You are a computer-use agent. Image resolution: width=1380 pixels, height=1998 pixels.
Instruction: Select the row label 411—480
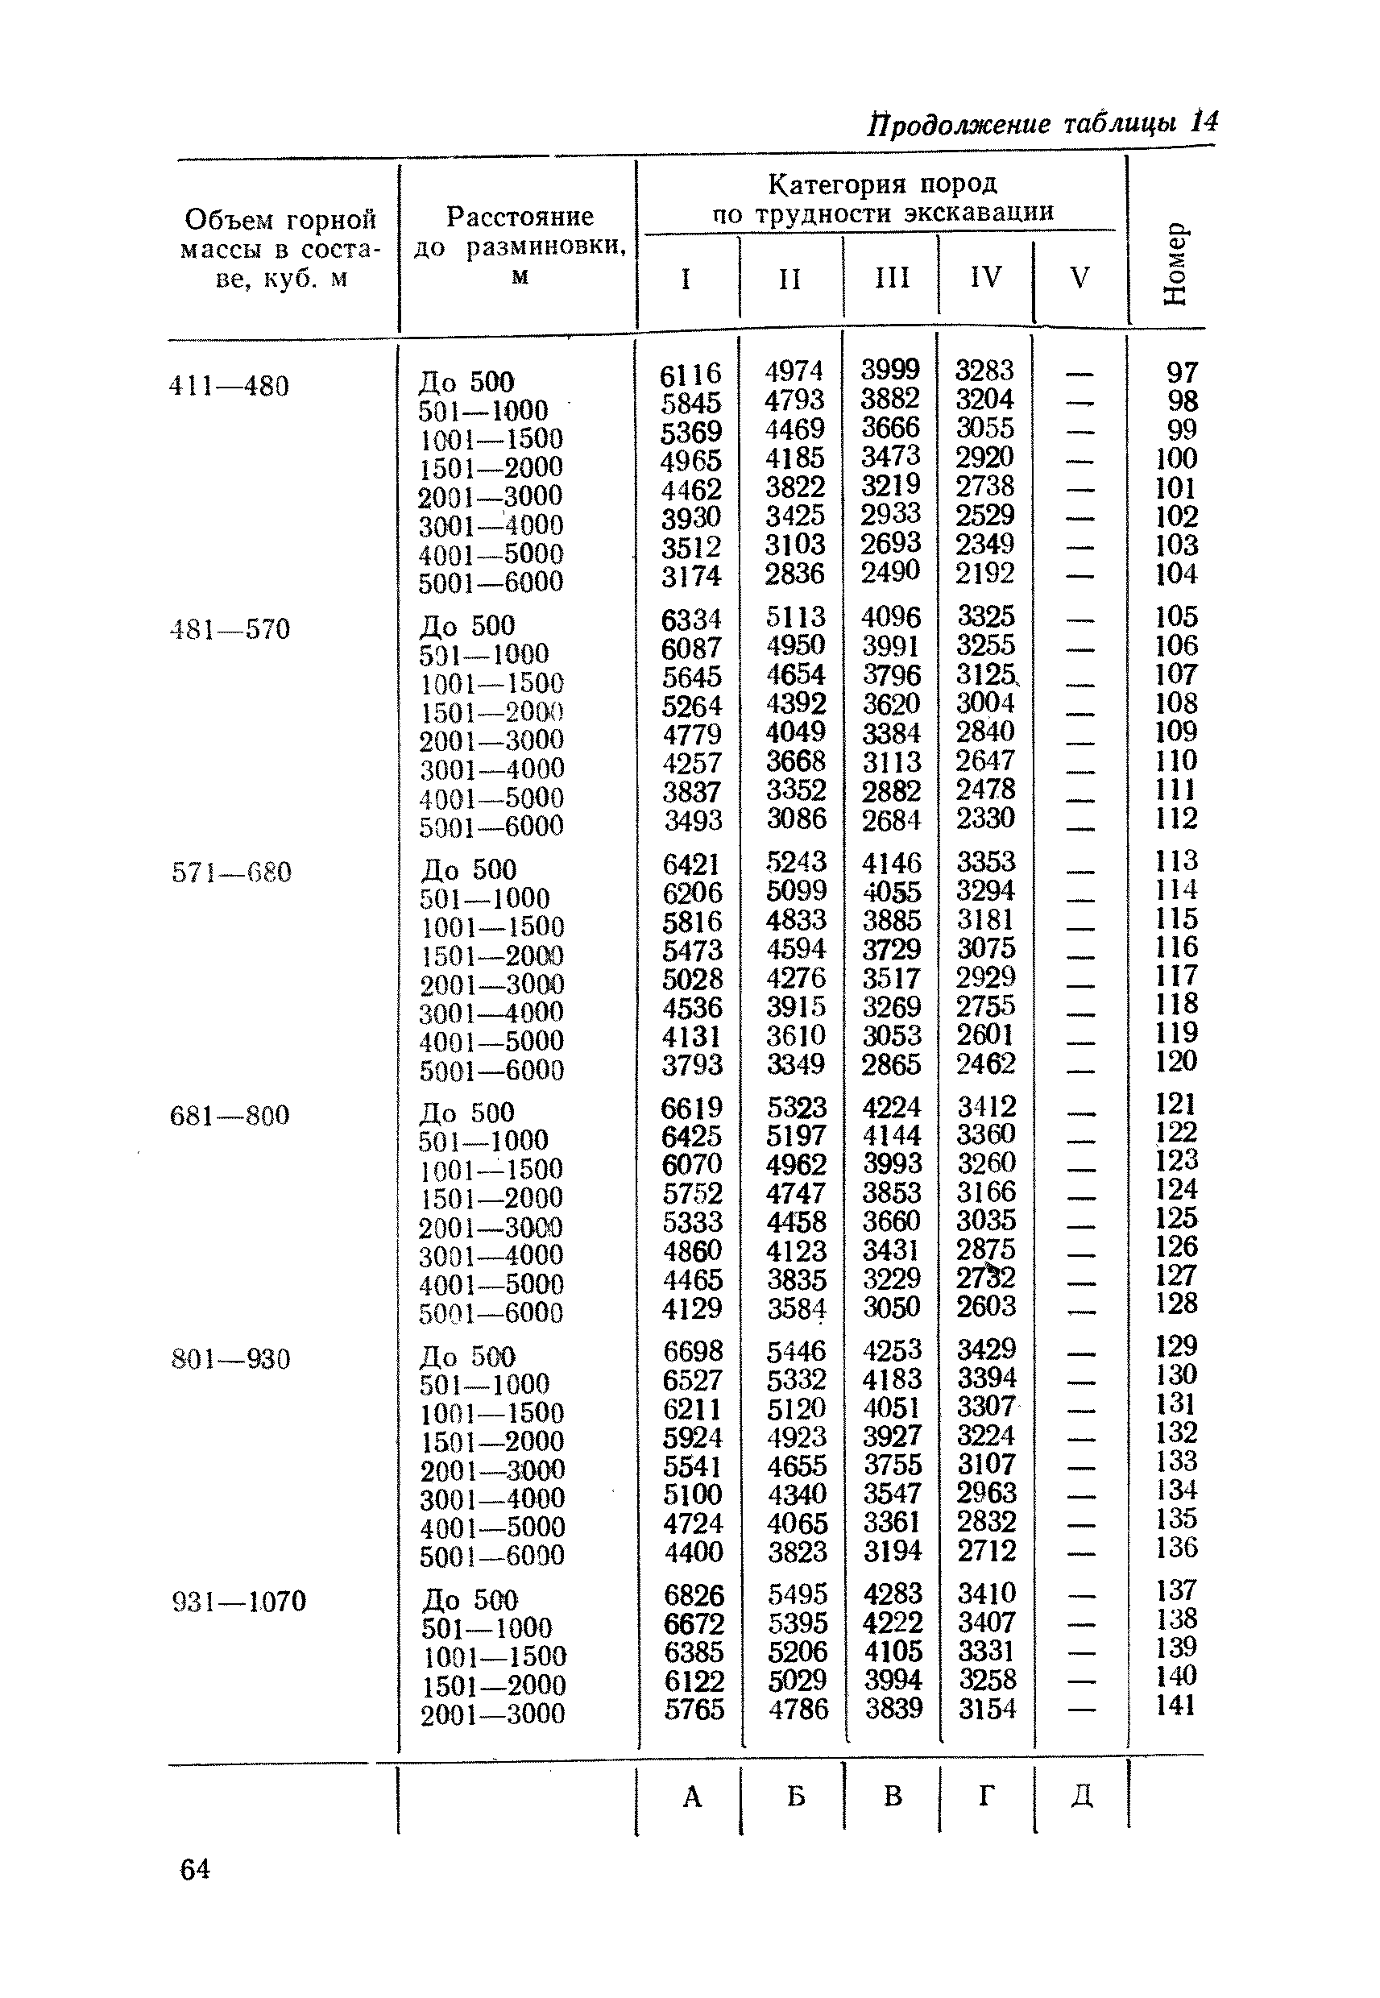(229, 386)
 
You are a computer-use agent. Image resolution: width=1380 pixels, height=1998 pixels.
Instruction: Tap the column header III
(892, 277)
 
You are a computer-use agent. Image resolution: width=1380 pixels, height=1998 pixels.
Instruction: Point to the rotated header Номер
(1176, 264)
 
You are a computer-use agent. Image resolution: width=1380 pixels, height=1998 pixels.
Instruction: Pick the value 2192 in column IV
(984, 573)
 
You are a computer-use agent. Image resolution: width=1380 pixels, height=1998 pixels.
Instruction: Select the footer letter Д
(1081, 1797)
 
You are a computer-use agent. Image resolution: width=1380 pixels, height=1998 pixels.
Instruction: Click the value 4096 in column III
(891, 617)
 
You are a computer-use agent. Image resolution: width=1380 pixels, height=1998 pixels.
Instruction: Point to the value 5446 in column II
(797, 1351)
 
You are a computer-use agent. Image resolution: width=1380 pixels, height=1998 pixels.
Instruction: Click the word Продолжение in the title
(959, 125)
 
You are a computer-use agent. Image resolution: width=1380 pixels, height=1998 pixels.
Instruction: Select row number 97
(1181, 373)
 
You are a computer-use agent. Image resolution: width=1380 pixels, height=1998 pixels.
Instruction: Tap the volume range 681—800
(230, 1116)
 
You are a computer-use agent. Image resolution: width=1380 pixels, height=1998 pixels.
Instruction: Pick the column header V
(1079, 277)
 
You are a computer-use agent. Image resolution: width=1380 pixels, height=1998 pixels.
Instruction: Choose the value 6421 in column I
(691, 864)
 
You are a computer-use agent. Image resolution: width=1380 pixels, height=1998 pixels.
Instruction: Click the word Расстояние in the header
(520, 216)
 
